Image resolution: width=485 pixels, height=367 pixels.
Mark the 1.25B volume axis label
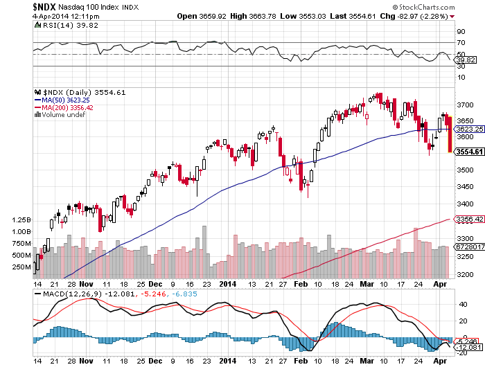[x=21, y=220]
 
